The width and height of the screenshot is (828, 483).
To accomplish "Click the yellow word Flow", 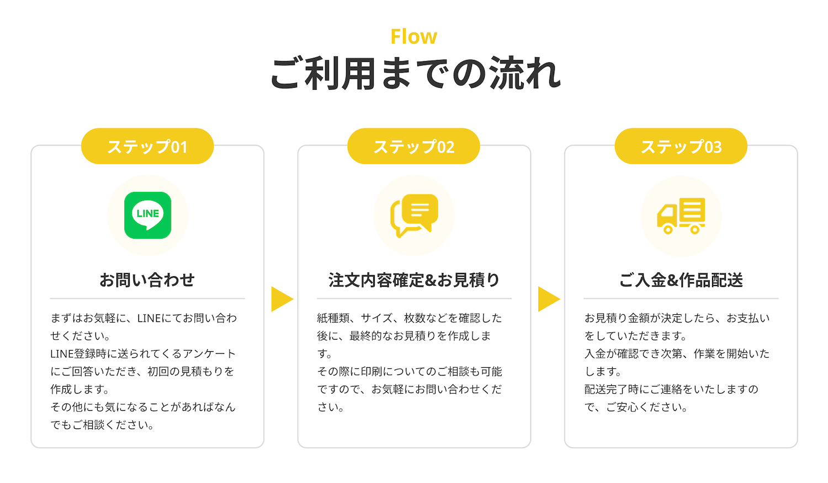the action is pyautogui.click(x=413, y=36).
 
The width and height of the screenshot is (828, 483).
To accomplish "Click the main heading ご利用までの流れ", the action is pyautogui.click(x=415, y=73).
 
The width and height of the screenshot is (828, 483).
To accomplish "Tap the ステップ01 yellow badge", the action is pyautogui.click(x=147, y=146).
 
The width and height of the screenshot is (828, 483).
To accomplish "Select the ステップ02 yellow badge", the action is pyautogui.click(x=413, y=146).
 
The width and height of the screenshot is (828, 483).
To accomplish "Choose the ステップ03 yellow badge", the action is pyautogui.click(x=681, y=146).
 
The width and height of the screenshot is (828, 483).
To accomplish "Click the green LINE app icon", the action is pyautogui.click(x=147, y=215).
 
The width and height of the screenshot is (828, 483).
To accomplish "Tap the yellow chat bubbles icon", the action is pyautogui.click(x=414, y=216).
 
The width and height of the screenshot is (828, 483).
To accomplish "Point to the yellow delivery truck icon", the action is pyautogui.click(x=681, y=216).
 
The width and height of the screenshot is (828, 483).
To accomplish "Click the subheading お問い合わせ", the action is pyautogui.click(x=147, y=280).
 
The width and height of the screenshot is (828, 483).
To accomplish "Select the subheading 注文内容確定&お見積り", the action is pyautogui.click(x=414, y=280).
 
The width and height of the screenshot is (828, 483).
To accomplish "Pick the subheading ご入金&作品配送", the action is pyautogui.click(x=681, y=280).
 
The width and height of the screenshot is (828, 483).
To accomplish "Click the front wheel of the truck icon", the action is pyautogui.click(x=668, y=229).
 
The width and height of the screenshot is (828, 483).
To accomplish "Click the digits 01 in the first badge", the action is pyautogui.click(x=179, y=147).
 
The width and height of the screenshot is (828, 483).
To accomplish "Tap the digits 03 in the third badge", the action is pyautogui.click(x=713, y=147).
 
